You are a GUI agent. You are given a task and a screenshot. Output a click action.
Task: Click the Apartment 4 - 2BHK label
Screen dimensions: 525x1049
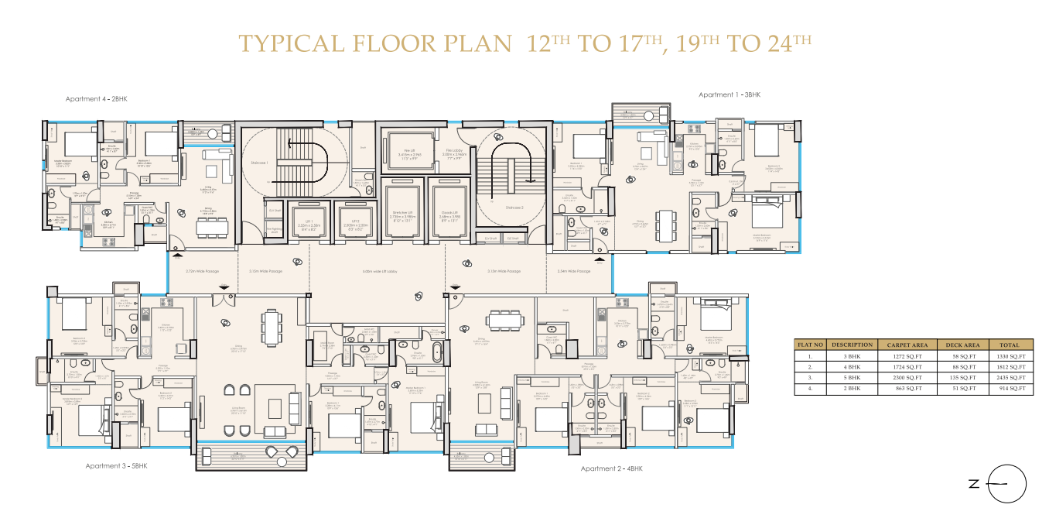[x=97, y=99]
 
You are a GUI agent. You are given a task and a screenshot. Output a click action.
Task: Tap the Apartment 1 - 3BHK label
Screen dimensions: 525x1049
[x=730, y=94]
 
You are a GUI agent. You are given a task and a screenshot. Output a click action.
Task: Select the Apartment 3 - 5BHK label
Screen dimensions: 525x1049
[x=116, y=465]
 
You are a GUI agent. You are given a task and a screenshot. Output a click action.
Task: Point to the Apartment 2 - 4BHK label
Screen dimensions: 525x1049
[x=611, y=468]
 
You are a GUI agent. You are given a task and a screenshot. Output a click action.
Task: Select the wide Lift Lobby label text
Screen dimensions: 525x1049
[x=378, y=271]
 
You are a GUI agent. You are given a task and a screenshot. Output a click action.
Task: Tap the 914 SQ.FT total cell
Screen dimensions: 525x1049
[x=1011, y=389]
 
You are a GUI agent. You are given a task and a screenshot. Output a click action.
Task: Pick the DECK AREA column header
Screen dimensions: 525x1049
[x=962, y=345]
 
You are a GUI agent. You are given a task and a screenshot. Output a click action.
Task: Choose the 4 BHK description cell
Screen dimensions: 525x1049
[x=852, y=367]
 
